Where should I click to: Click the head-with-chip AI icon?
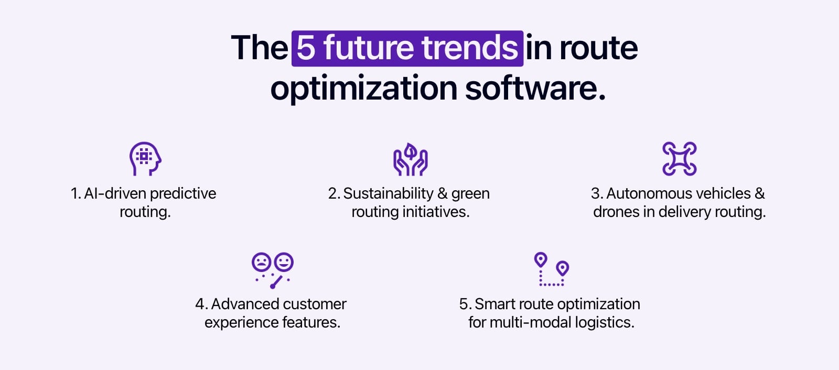point(145,158)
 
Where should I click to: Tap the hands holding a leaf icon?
point(411,159)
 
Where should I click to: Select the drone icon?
point(679,158)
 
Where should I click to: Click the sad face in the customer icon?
point(261,262)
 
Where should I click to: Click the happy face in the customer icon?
point(284,262)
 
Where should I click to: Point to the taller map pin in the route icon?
point(541,260)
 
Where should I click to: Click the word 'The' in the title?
point(259,48)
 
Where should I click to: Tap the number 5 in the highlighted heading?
point(306,48)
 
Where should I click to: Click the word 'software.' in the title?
point(535,88)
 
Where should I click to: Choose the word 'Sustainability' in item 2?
point(388,193)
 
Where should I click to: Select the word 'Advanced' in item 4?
point(245,304)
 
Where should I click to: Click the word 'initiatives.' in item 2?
point(436,212)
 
